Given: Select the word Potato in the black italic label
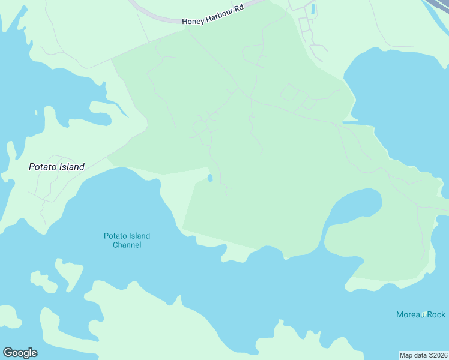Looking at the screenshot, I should tap(41, 167).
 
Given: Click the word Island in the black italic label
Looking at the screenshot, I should tap(70, 167).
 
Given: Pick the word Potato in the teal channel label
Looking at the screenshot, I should tap(115, 236).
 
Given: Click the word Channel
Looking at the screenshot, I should tap(127, 245).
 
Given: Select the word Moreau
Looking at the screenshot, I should tap(411, 314).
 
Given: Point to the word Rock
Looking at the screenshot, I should tap(436, 314).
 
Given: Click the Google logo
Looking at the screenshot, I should tap(20, 353).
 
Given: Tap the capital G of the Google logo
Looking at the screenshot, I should tap(8, 352).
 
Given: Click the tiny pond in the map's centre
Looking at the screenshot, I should tap(209, 178).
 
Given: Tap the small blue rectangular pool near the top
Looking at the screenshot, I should tap(312, 9).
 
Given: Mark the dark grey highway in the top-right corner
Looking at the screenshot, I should tap(440, 7).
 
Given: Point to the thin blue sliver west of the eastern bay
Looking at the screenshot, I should tap(350, 122).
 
